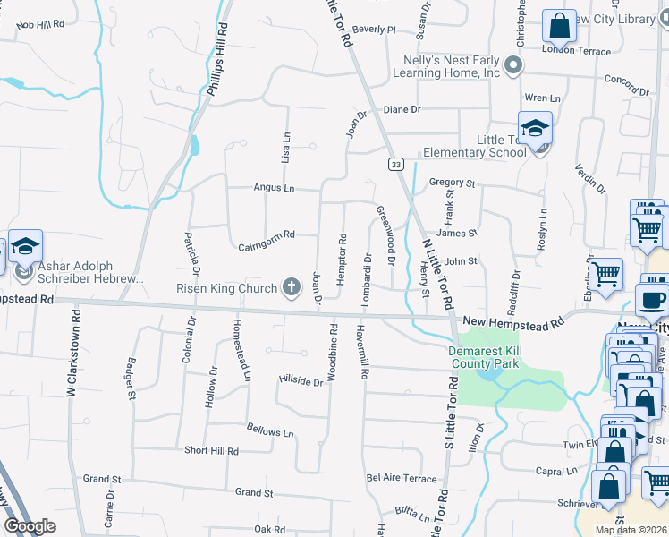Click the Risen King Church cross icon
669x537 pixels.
pyautogui.click(x=291, y=286)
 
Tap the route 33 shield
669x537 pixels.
pyautogui.click(x=395, y=164)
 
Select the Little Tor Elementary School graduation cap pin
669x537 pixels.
pyautogui.click(x=535, y=130)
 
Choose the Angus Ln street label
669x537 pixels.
pyautogui.click(x=274, y=188)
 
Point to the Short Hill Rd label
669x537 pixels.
pyautogui.click(x=211, y=451)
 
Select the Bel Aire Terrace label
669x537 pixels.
pyautogui.click(x=402, y=479)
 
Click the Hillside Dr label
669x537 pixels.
pyautogui.click(x=301, y=381)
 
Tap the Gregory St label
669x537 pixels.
pyautogui.click(x=452, y=183)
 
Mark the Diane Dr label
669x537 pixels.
pyautogui.click(x=402, y=109)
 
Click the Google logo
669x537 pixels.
pyautogui.click(x=30, y=526)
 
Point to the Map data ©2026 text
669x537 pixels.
pyautogui.click(x=631, y=530)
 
